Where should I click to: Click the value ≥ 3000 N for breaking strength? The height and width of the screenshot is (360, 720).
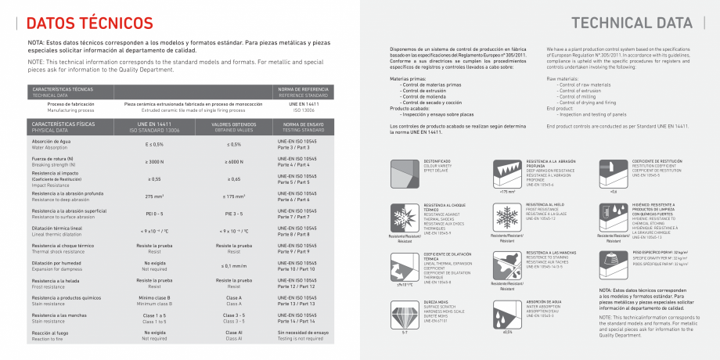coord(153,161)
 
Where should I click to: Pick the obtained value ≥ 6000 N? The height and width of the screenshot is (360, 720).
coord(233,161)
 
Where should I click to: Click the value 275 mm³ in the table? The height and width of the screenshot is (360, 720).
coord(153,196)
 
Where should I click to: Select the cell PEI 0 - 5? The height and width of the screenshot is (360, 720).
coord(153,212)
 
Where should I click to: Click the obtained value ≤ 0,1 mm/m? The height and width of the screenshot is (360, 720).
coord(233,266)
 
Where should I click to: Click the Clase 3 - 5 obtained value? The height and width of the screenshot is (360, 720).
coord(233,318)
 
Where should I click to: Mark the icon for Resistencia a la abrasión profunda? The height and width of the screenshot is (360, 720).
coord(507,171)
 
